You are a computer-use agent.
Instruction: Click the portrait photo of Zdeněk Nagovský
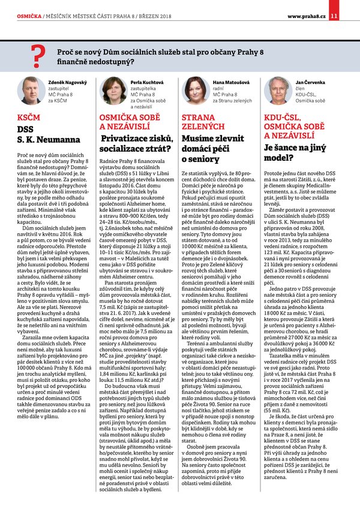click(x=31, y=91)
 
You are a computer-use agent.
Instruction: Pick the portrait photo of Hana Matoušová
click(x=196, y=91)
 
